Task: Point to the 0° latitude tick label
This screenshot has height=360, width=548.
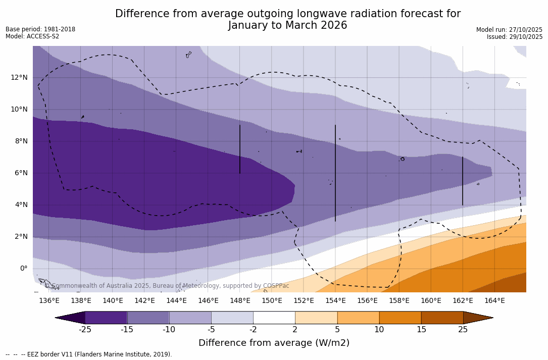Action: click(24, 269)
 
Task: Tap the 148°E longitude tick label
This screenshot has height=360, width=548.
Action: click(240, 301)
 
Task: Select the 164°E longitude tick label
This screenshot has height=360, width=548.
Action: click(494, 301)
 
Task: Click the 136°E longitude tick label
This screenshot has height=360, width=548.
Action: click(49, 301)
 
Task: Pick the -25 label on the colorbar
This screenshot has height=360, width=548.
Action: click(85, 330)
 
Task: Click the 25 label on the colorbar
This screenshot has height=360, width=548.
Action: click(463, 330)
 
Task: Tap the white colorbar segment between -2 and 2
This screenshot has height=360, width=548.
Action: click(274, 318)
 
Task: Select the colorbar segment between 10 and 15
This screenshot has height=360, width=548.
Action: click(400, 318)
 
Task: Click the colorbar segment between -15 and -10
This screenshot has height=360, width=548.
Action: click(148, 318)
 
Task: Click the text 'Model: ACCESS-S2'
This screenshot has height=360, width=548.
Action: click(32, 36)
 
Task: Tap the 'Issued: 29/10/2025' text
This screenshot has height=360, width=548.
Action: click(515, 37)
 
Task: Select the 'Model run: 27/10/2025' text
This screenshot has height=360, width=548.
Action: click(509, 30)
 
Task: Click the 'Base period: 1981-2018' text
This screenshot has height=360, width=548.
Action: click(40, 29)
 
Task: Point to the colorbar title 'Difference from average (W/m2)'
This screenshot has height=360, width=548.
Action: click(274, 343)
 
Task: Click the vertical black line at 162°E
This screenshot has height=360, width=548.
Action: click(463, 181)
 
